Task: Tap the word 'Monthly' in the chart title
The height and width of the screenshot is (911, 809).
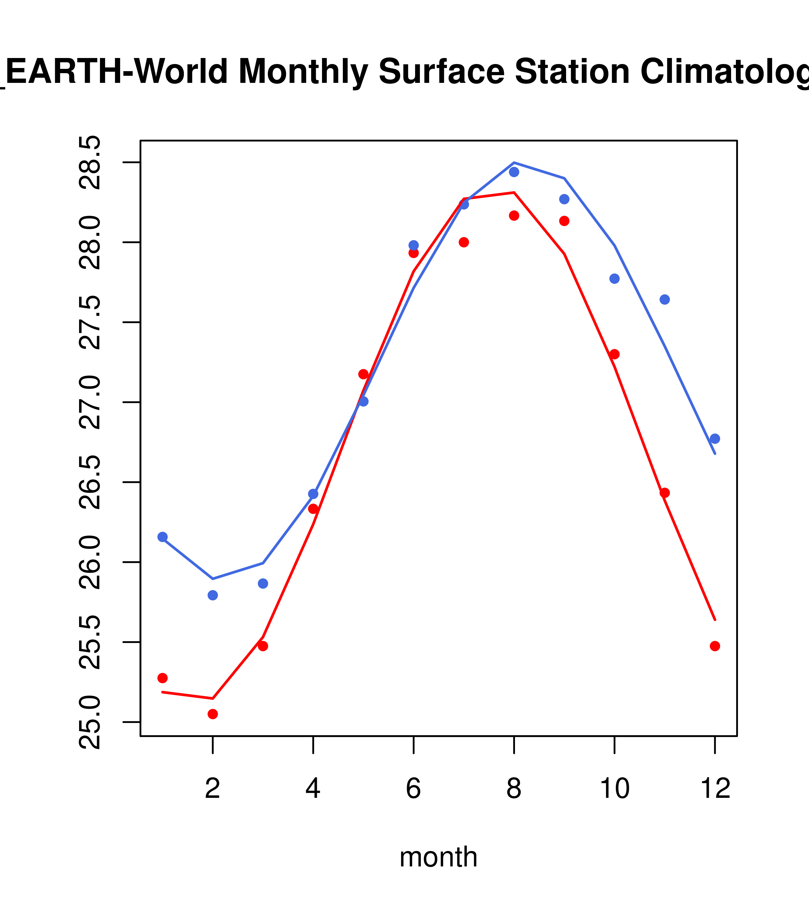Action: (303, 72)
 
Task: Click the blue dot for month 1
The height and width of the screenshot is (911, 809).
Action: (162, 537)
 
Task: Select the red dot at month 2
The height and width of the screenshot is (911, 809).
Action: (213, 714)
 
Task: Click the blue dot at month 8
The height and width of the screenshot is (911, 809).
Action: (514, 172)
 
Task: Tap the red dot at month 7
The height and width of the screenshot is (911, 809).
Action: (464, 242)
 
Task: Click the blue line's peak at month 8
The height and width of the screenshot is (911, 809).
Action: (514, 163)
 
